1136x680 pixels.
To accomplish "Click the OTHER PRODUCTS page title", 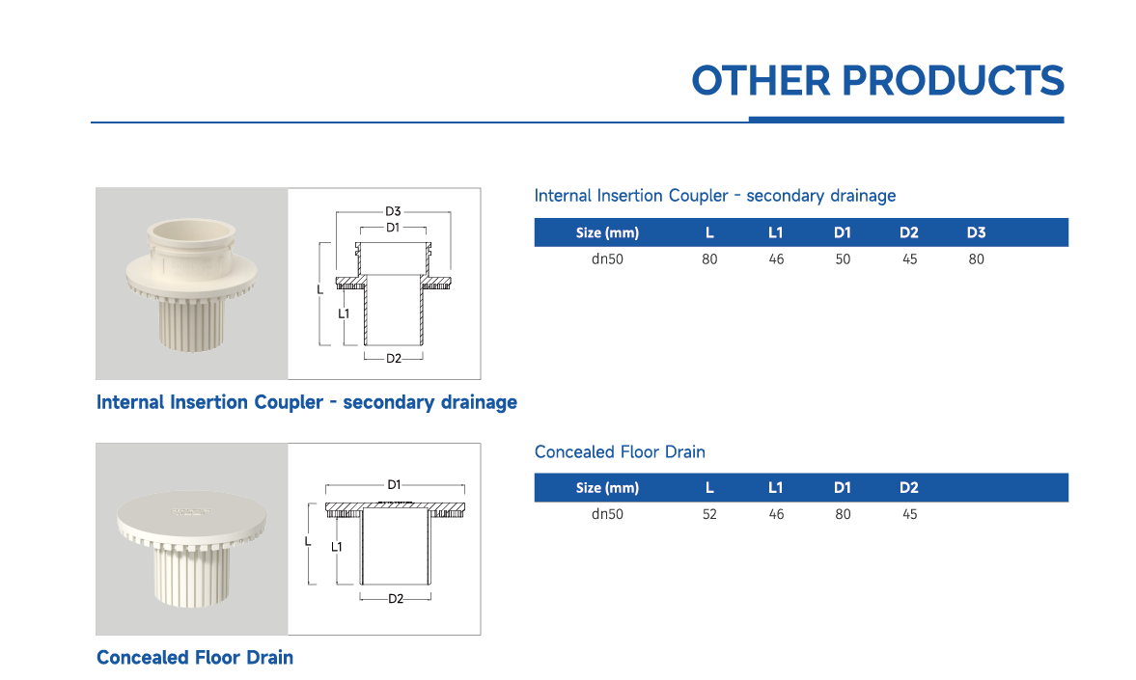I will pos(877,80).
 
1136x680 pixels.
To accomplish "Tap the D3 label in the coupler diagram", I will pos(393,211).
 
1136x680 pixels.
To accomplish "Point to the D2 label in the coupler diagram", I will pos(393,359).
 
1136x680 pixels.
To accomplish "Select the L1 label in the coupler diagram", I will pos(344,313).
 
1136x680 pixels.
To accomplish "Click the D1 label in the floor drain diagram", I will pos(394,485).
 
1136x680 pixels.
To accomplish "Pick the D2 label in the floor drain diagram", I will pos(395,599).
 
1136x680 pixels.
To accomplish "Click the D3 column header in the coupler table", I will pos(976,232).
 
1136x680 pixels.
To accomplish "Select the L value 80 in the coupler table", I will pos(709,259).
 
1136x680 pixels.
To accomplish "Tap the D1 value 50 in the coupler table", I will pos(843,259).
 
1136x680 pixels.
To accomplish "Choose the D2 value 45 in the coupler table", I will pos(909,259).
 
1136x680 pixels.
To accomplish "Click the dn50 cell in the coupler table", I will pos(607,259).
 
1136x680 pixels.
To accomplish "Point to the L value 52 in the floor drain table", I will pos(709,515).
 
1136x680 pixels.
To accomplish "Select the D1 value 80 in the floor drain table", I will pos(843,515).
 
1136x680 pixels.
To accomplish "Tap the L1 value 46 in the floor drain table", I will pos(776,515).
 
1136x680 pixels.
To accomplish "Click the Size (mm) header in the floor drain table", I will pos(607,488).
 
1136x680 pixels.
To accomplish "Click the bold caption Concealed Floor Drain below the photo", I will pos(195,658).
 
